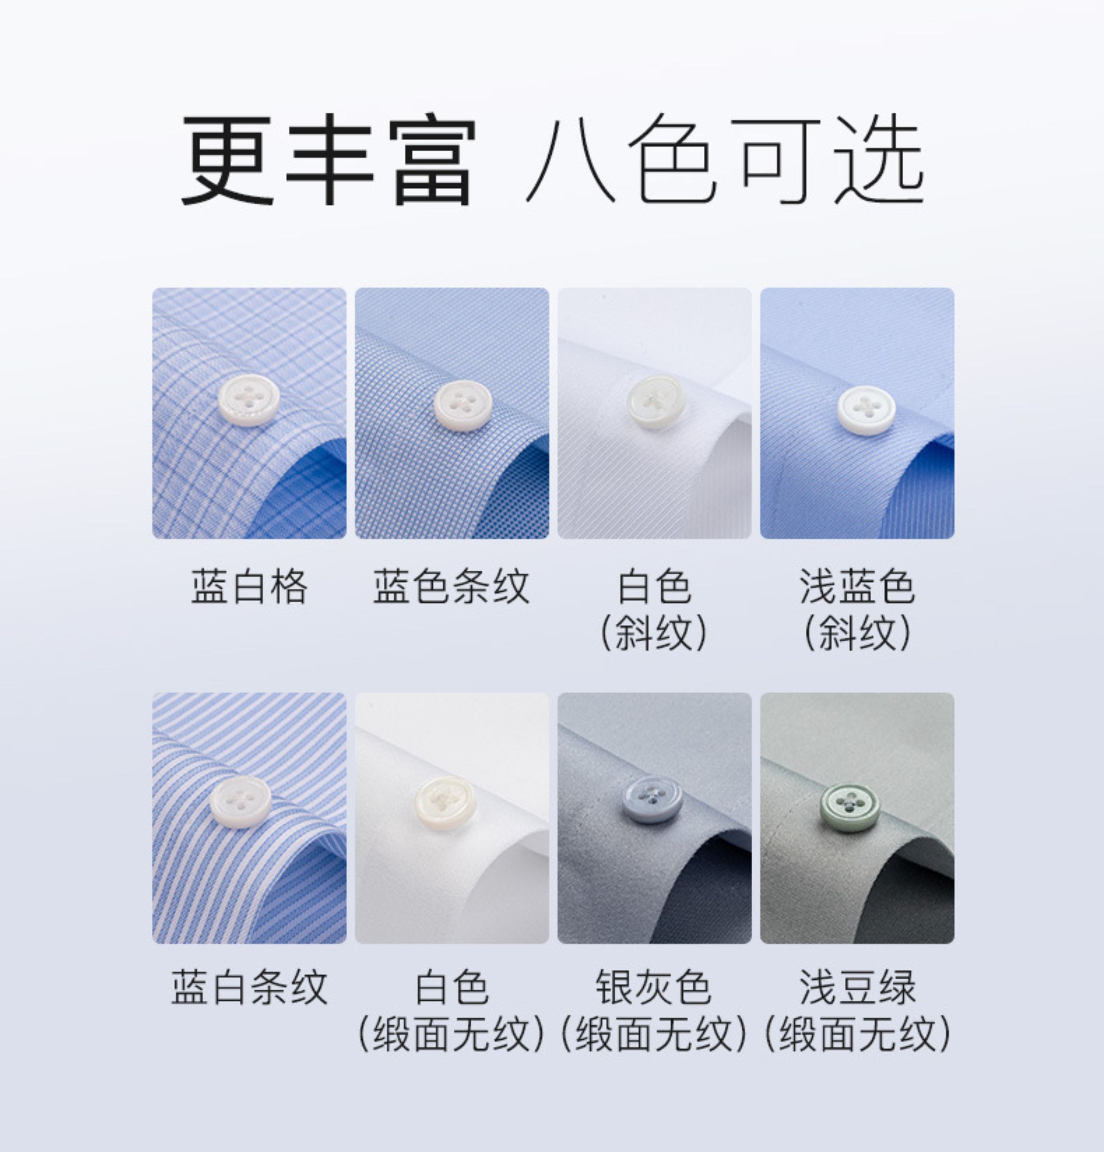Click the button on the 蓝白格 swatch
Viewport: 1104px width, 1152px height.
[249, 399]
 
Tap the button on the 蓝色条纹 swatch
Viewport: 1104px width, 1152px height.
[463, 405]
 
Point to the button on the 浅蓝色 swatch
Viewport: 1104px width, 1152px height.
[866, 410]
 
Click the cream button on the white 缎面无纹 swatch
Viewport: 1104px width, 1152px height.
[445, 801]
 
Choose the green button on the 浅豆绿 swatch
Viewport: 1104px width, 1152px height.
[851, 807]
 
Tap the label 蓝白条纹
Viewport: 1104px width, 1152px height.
[249, 987]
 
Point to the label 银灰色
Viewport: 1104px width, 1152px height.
[653, 987]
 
